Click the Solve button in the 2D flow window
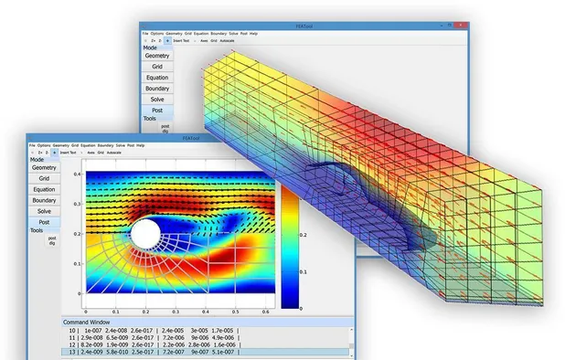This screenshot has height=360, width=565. pyautogui.click(x=44, y=211)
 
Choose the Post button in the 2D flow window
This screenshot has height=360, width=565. pyautogui.click(x=44, y=222)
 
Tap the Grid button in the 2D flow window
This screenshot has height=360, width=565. pyautogui.click(x=44, y=178)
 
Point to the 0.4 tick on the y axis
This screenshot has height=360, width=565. pyautogui.click(x=79, y=173)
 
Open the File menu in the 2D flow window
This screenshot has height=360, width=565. pyautogui.click(x=32, y=145)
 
